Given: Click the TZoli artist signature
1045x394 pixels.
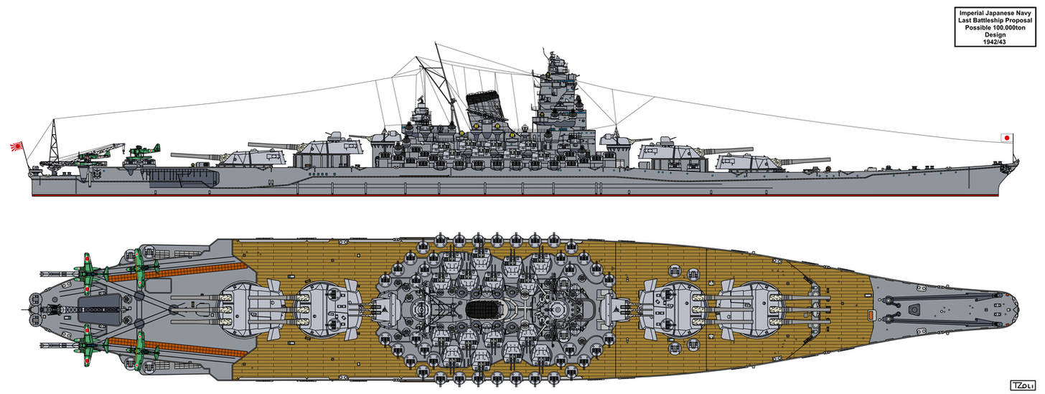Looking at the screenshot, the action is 1021,385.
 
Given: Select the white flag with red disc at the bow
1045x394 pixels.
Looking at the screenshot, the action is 1007,138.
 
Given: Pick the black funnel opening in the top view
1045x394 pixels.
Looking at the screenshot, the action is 482,309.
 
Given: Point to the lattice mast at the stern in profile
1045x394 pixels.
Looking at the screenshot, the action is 54,141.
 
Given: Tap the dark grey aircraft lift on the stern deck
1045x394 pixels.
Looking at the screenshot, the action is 100,309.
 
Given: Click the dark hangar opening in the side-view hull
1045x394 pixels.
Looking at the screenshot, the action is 183,178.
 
